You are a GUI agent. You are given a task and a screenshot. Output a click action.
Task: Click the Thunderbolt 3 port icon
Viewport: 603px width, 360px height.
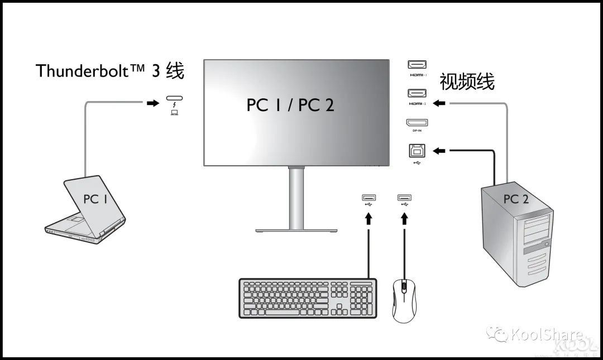point(174,100)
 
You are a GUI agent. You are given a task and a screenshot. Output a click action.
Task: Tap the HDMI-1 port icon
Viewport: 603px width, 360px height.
point(417,64)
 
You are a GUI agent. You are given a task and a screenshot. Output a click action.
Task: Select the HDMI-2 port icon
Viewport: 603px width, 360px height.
point(417,93)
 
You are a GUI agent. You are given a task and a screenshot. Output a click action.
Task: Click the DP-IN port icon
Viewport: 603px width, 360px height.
point(417,123)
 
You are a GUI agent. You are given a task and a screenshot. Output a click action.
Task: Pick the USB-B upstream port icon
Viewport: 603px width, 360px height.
point(417,150)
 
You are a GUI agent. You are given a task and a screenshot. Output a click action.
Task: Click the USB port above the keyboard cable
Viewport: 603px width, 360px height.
point(368,198)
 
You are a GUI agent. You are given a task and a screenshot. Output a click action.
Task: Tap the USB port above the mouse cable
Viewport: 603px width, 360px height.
point(404,198)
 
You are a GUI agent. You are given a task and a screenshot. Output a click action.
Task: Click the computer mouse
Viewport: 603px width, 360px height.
point(404,299)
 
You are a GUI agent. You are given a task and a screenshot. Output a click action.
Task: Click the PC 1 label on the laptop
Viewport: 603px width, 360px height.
point(95,199)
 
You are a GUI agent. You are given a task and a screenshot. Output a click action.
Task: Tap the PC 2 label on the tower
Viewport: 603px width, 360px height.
point(515,199)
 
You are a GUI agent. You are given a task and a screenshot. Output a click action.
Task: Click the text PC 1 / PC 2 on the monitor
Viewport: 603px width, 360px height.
point(290,105)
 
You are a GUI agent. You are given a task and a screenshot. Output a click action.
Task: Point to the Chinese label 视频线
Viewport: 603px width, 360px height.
point(467,81)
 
